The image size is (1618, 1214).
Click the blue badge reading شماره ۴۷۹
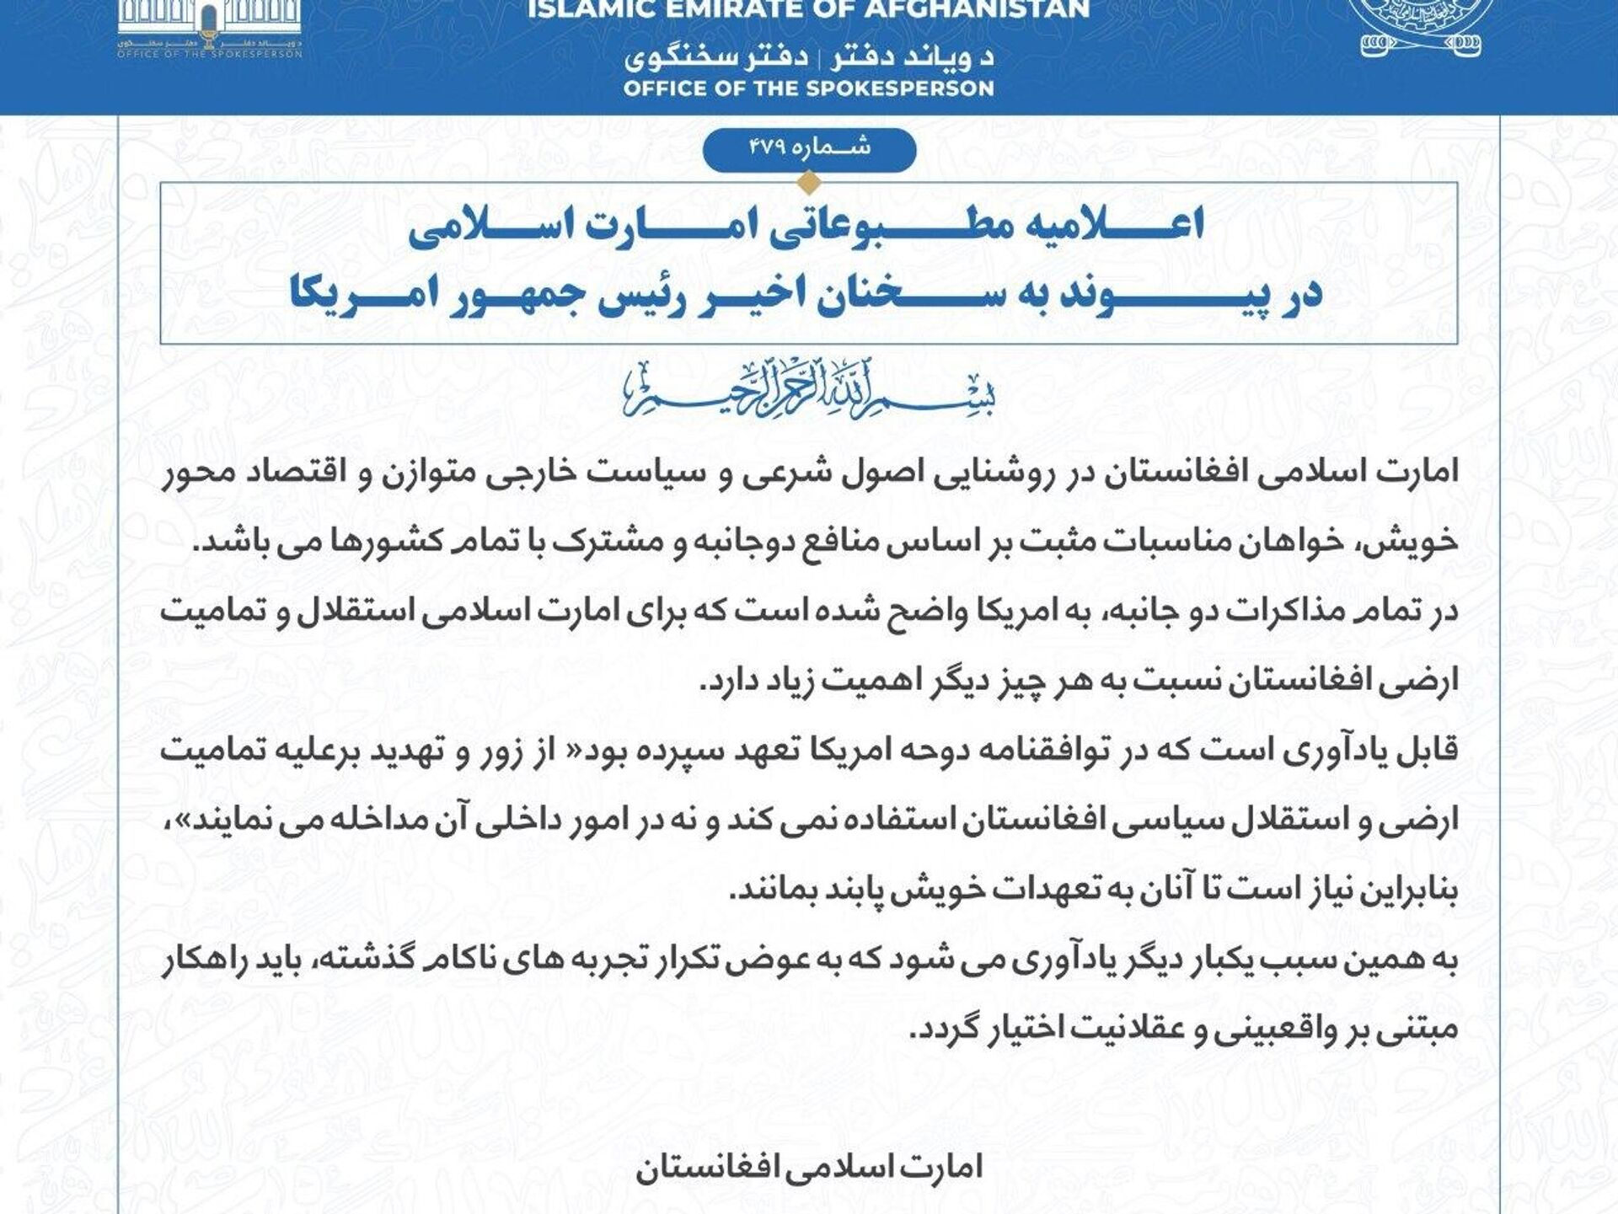click(809, 149)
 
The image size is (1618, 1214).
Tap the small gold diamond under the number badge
click(809, 182)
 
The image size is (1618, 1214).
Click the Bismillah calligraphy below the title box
click(809, 390)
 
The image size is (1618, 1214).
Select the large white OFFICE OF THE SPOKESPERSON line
click(809, 88)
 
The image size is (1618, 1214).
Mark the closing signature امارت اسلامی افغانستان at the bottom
click(809, 1168)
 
